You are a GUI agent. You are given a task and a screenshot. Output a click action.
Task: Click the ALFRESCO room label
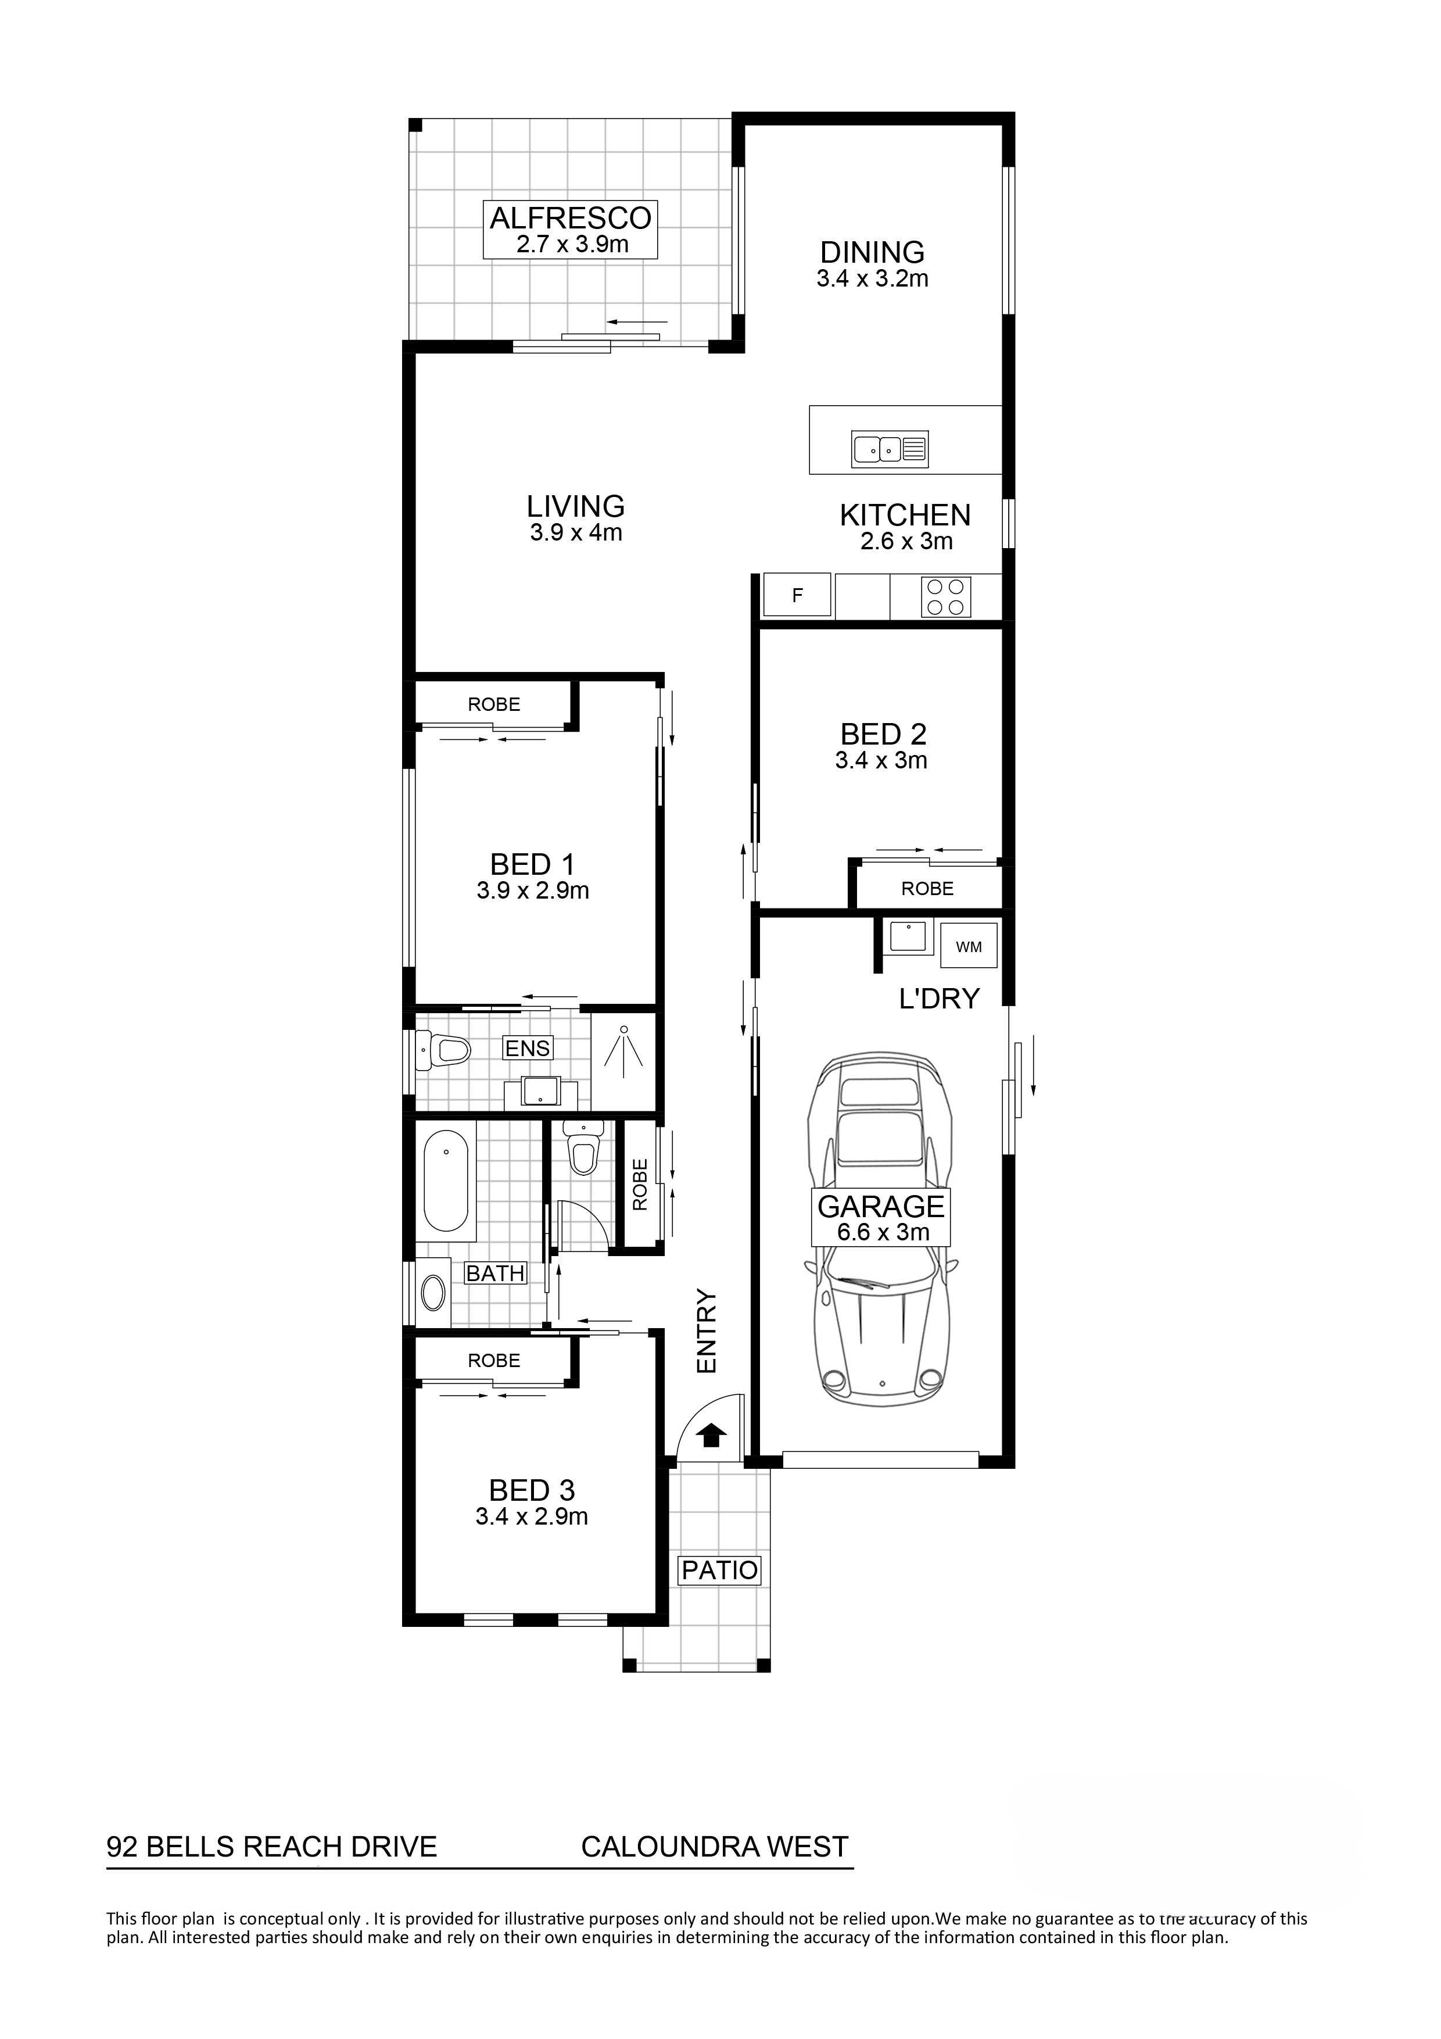pos(571,217)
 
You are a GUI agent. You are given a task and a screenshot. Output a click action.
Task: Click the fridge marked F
pos(797,596)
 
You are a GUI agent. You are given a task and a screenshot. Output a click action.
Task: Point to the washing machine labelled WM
pos(969,947)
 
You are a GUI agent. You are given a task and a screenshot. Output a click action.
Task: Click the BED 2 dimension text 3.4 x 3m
pos(881,760)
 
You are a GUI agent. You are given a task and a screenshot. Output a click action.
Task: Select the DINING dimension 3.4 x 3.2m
pos(873,279)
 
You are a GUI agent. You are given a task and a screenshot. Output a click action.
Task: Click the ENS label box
pos(528,1048)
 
